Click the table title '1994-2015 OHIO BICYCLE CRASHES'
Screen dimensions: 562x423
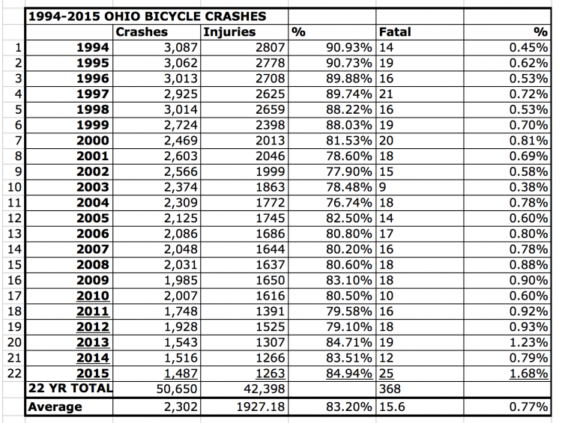pos(148,16)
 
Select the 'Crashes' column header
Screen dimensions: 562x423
pos(142,32)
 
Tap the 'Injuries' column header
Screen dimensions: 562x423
pos(229,32)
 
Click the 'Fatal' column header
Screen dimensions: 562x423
pos(395,32)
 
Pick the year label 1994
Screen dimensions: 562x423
pos(92,48)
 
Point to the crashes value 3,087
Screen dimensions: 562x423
pos(181,48)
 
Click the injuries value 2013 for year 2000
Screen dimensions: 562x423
pos(270,141)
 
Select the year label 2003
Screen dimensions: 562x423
pos(92,187)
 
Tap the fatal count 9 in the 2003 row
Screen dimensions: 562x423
pos(382,187)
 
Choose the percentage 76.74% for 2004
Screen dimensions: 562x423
pos(348,203)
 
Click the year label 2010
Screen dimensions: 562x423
pos(92,296)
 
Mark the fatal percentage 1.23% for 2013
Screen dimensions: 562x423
pos(529,342)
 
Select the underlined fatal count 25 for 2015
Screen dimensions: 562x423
pos(386,374)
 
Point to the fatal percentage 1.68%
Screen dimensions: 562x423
pos(529,374)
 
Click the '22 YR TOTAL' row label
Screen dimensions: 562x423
pos(70,389)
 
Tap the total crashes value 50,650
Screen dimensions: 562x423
pos(177,389)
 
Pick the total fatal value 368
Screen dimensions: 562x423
pos(390,389)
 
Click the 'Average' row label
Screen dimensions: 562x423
pos(55,407)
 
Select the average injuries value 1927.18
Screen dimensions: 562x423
pos(261,407)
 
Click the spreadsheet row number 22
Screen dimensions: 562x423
pos(14,374)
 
